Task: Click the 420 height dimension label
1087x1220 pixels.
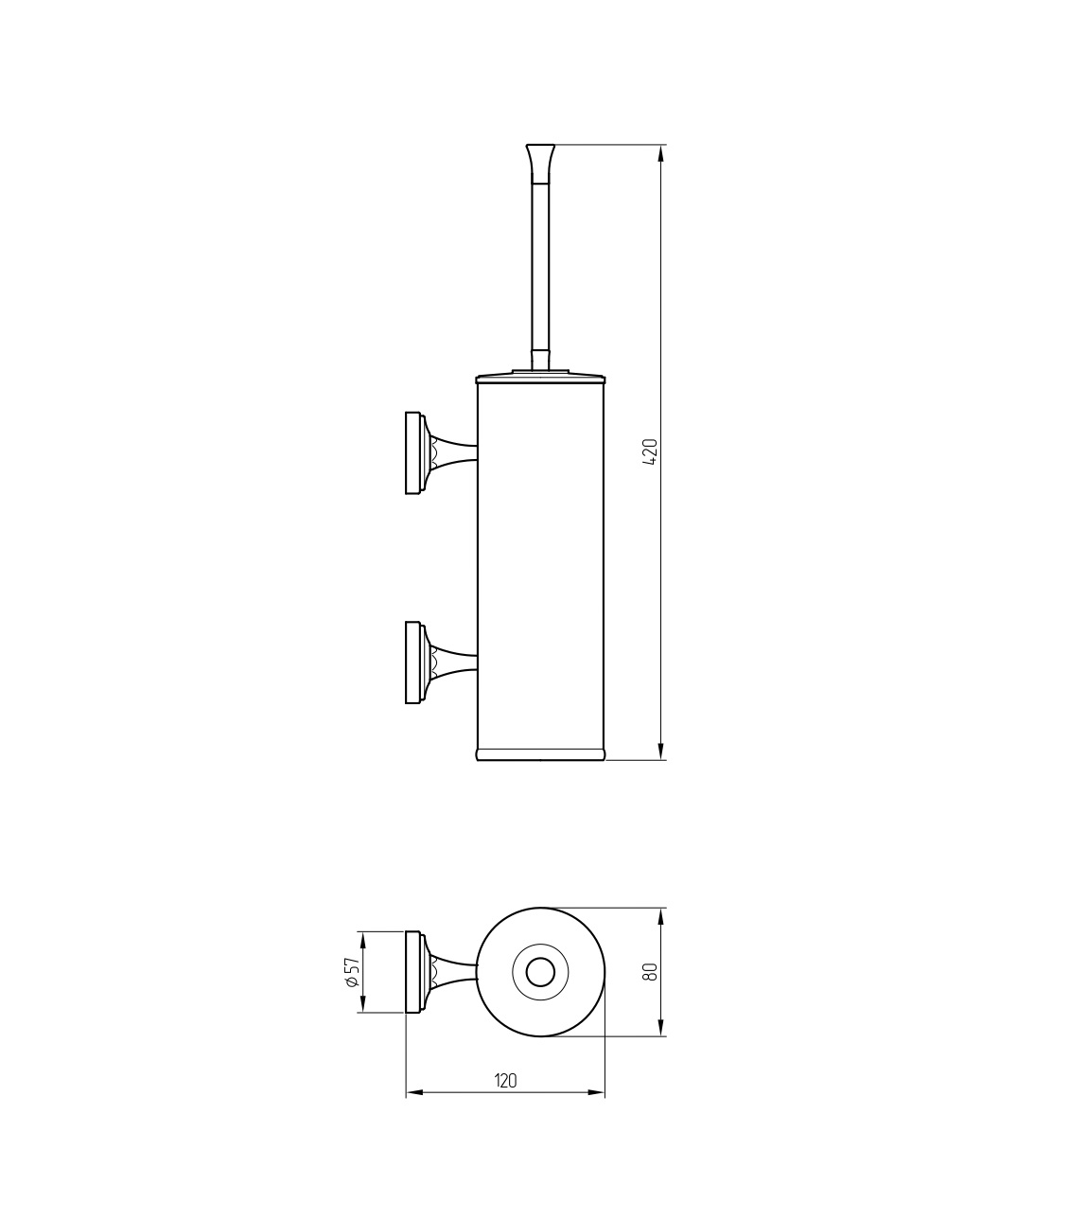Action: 651,451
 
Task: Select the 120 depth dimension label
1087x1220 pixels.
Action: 505,1081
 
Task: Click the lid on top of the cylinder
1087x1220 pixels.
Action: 540,378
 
